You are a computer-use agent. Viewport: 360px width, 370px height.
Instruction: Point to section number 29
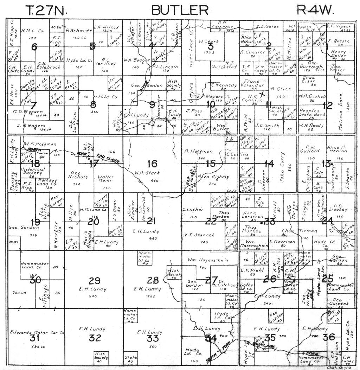tap(94, 281)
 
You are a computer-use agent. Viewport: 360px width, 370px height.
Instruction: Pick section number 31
tap(34, 339)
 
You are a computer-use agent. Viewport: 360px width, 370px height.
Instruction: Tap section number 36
tap(329, 337)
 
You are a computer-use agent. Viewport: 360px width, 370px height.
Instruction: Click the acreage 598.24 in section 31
tap(34, 346)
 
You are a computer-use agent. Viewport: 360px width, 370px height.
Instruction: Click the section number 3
tap(211, 47)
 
